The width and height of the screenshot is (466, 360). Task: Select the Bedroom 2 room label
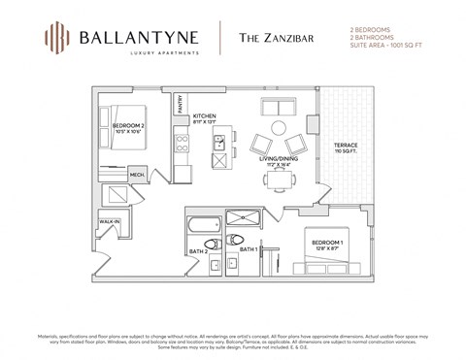pos(128,127)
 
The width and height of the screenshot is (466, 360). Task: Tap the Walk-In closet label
pos(109,222)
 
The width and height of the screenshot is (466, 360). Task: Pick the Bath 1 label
pos(248,249)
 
